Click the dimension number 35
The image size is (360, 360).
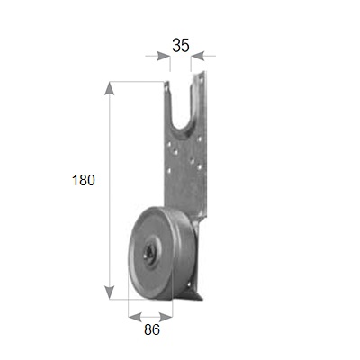click(x=181, y=46)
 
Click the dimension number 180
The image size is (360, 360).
click(x=84, y=180)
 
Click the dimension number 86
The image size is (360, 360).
click(x=152, y=329)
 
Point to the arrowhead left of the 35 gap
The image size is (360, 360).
click(x=163, y=56)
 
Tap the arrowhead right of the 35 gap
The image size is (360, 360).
click(x=198, y=56)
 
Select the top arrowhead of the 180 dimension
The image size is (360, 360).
click(x=109, y=88)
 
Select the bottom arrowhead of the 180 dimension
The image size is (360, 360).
click(x=109, y=292)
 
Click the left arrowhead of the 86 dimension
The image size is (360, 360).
click(x=135, y=317)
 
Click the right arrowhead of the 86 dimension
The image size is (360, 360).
click(x=166, y=317)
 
